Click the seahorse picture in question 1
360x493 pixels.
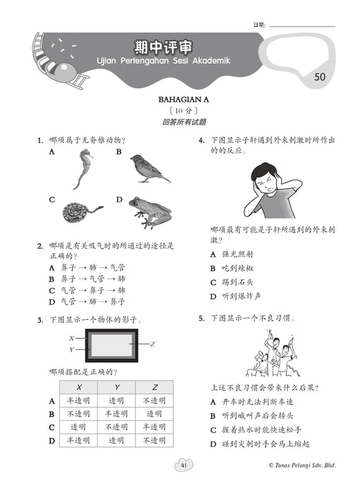(x=85, y=169)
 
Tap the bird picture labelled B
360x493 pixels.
(x=149, y=168)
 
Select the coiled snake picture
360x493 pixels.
(x=82, y=213)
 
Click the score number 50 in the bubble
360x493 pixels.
(x=320, y=77)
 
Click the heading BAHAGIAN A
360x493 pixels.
(x=184, y=100)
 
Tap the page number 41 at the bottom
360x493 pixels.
(x=184, y=466)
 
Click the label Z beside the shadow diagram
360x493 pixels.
(x=152, y=344)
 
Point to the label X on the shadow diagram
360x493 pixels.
(x=72, y=338)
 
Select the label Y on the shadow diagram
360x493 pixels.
(x=72, y=349)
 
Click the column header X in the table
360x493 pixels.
(x=79, y=387)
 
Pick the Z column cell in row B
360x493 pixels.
(x=154, y=414)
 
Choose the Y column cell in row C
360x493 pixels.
(x=116, y=427)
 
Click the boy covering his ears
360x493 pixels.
(x=272, y=190)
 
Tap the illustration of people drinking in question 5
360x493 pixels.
(x=273, y=354)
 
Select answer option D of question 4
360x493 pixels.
(x=235, y=297)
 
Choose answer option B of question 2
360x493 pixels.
(x=87, y=279)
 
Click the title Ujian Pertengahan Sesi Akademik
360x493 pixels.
(x=163, y=61)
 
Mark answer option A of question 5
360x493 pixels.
(x=252, y=402)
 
